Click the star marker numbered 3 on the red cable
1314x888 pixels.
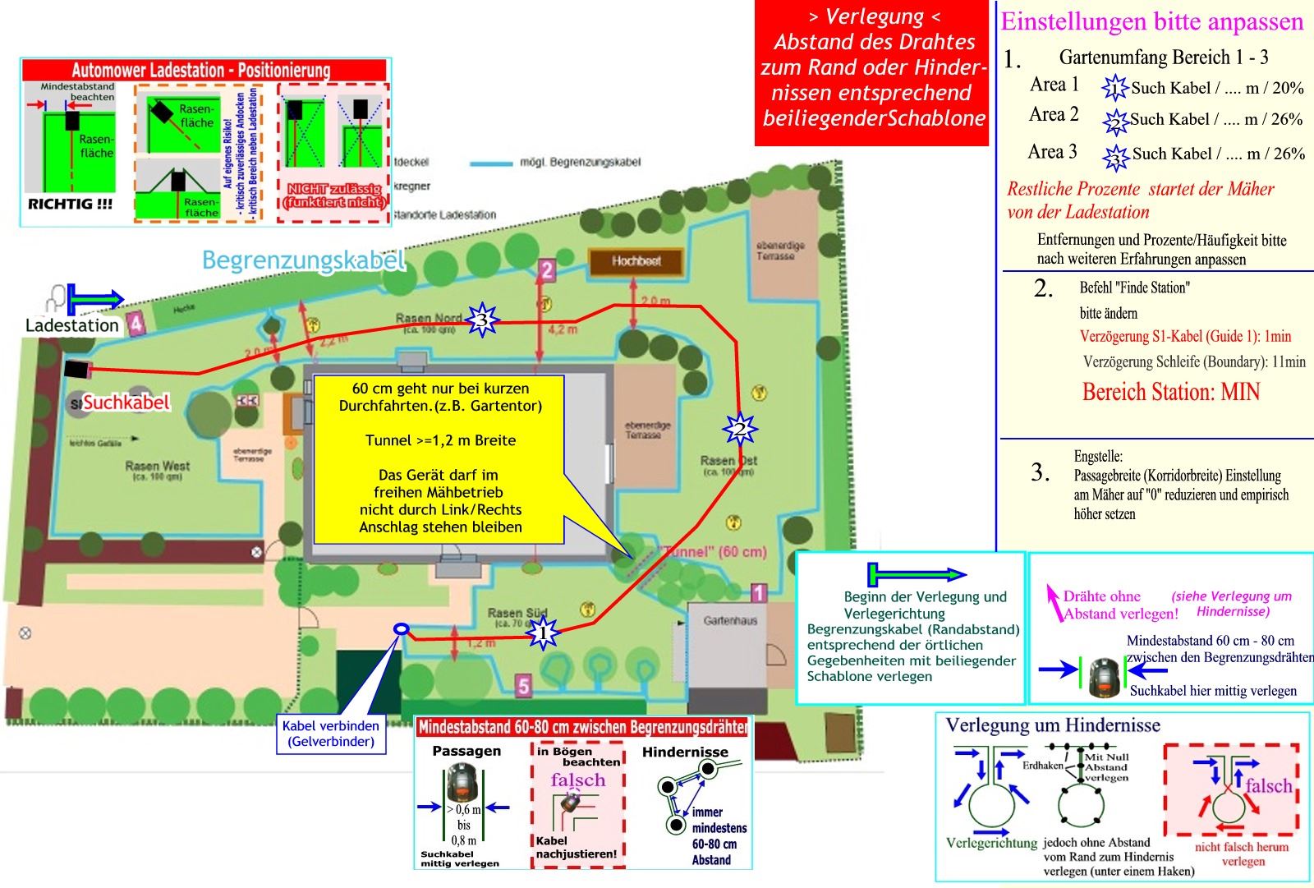click(x=482, y=320)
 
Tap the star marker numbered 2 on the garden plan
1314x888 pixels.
click(x=739, y=428)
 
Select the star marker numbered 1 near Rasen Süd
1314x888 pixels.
click(x=543, y=633)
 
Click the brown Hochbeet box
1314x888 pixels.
click(x=636, y=261)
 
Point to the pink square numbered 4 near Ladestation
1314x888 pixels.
click(x=136, y=324)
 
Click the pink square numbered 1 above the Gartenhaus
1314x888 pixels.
click(x=759, y=592)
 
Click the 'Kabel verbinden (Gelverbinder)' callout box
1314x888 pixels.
click(x=331, y=734)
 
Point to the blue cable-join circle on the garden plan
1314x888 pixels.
click(x=402, y=628)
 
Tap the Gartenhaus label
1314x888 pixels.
click(x=729, y=621)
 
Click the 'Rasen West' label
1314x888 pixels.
click(x=157, y=466)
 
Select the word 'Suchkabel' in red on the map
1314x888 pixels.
click(x=126, y=402)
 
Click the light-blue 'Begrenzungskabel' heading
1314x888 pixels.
click(x=304, y=260)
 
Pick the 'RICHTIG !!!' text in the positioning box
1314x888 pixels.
click(x=70, y=204)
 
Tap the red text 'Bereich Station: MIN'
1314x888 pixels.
click(x=1170, y=392)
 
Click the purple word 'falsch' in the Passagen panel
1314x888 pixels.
click(x=577, y=780)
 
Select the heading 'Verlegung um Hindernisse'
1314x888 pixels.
click(x=1053, y=725)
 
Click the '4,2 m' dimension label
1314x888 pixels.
click(x=563, y=329)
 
